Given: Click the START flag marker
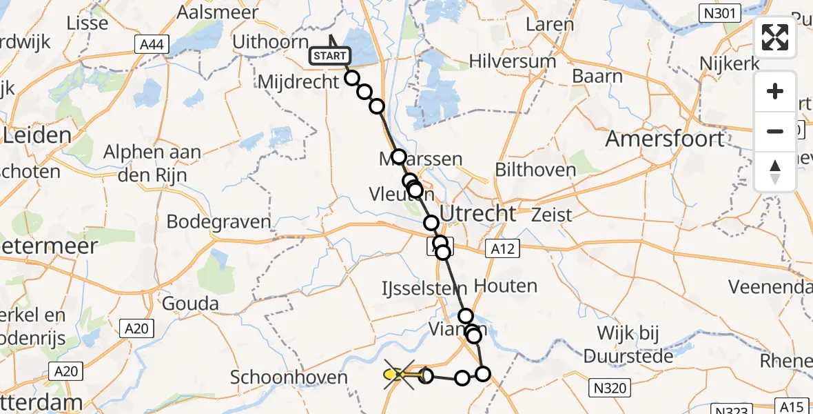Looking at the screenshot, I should pos(331,55).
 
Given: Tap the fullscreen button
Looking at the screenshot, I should pos(775,37).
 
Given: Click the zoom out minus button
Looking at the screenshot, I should pos(775,131).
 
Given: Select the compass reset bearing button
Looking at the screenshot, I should pos(775,171).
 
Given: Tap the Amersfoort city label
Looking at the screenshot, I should pos(664,139).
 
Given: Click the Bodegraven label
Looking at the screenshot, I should pos(218,222).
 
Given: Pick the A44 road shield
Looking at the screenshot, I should pos(150,45).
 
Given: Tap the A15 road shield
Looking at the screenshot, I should pos(795,406).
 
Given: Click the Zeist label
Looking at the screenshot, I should pos(552,215).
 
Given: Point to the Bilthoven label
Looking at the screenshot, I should pos(536,170).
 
